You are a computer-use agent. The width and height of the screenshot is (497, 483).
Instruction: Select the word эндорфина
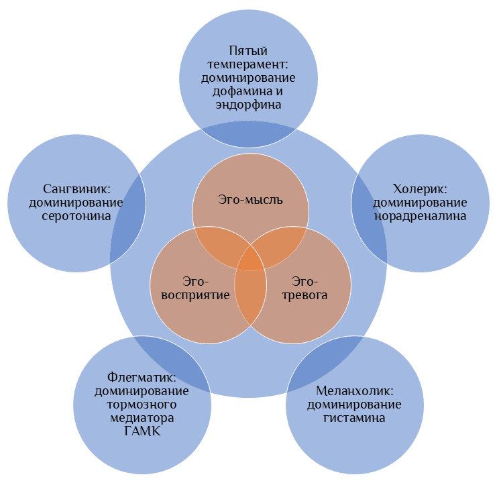click(248, 105)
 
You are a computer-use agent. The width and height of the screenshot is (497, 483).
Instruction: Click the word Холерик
click(419, 189)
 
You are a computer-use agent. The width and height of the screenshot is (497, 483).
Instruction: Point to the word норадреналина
click(420, 216)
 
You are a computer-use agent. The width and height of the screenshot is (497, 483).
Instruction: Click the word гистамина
click(354, 418)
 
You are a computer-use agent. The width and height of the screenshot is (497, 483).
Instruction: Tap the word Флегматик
click(142, 378)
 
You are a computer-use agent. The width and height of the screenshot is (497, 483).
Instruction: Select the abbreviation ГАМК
click(142, 431)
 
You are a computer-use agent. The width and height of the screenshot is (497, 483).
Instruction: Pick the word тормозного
click(142, 405)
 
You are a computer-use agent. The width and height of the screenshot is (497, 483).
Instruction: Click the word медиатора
click(142, 418)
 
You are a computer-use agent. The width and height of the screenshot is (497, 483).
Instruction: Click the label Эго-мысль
click(250, 199)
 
